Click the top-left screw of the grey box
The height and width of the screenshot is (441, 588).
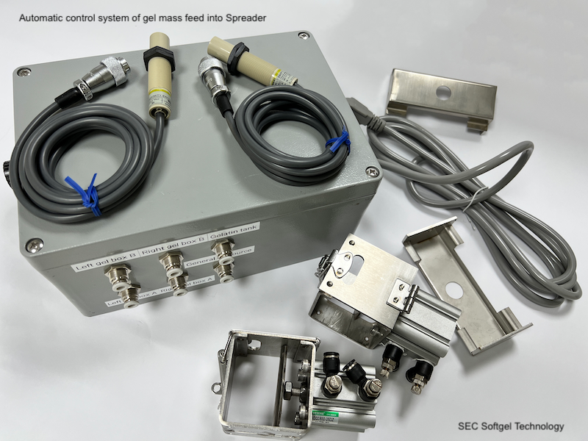25,71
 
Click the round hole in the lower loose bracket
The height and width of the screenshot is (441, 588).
453,290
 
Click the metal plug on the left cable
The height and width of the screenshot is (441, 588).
107,78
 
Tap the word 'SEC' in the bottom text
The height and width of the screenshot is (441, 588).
468,426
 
